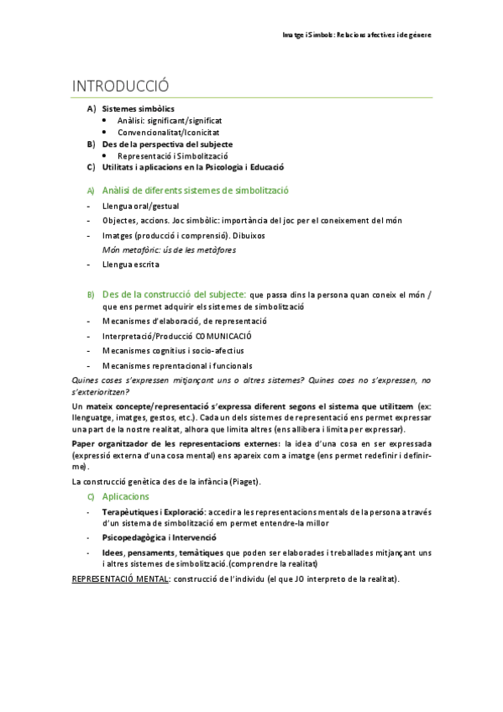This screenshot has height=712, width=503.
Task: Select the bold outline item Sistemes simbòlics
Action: pos(139,109)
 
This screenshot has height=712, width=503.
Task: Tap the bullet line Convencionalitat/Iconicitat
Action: pos(169,133)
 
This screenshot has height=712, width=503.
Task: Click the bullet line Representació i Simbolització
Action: pos(173,155)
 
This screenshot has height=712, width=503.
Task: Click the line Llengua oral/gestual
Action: pos(140,206)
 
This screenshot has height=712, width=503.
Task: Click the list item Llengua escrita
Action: pos(130,264)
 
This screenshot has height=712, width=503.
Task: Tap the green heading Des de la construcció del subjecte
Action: pos(174,295)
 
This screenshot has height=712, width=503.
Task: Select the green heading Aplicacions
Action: pos(126,497)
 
